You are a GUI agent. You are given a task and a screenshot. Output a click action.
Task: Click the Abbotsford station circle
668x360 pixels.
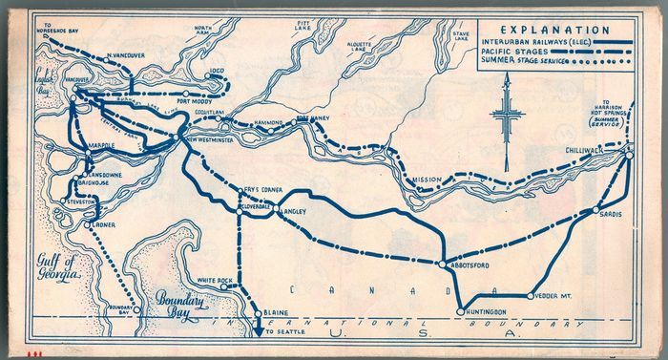coord(440,264)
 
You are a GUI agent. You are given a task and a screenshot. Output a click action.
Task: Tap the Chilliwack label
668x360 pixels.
coord(593,147)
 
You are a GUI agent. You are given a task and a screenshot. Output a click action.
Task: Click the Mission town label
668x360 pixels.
coord(426,180)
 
